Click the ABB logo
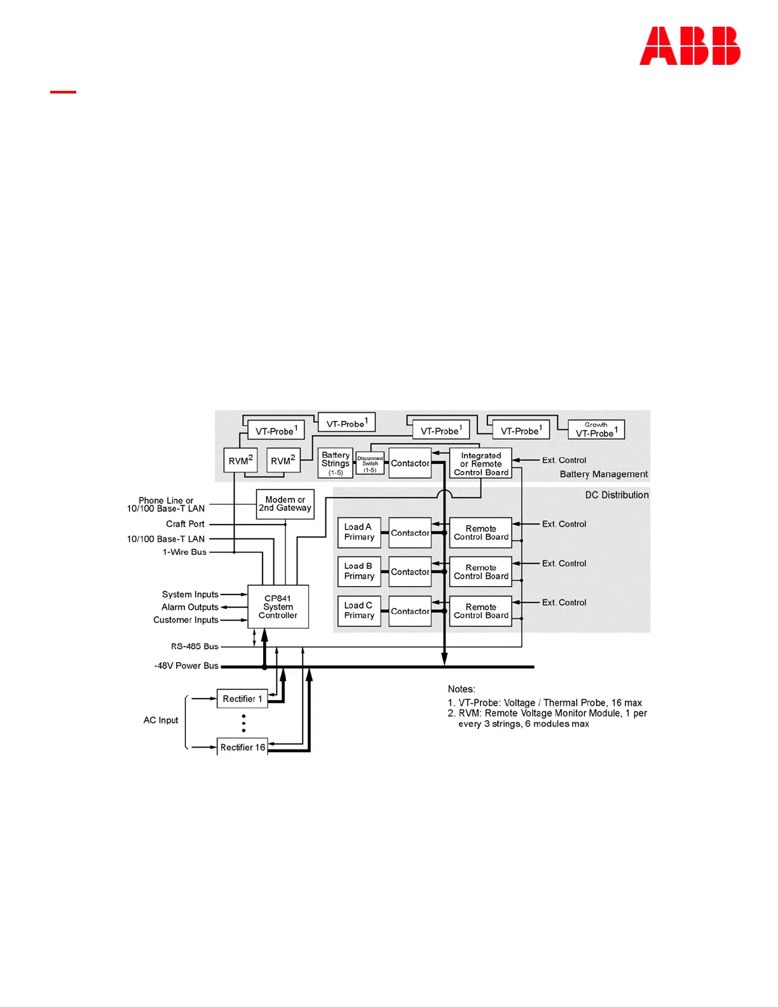click(x=690, y=46)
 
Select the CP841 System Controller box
click(x=278, y=606)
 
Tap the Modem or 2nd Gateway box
click(x=285, y=504)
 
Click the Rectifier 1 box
click(x=242, y=699)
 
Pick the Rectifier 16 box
click(x=242, y=747)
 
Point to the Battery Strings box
click(x=335, y=463)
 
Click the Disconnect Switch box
click(x=370, y=463)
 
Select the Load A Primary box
click(x=358, y=532)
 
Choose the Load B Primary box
click(x=358, y=571)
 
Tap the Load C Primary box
click(x=358, y=610)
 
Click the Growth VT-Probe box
click(x=596, y=430)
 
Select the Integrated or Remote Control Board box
click(x=481, y=463)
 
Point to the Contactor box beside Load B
click(x=410, y=572)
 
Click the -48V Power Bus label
click(x=186, y=666)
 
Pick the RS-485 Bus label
click(x=194, y=647)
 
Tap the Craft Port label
click(x=185, y=524)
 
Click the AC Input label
click(x=161, y=720)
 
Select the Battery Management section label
click(x=603, y=474)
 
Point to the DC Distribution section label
click(x=617, y=495)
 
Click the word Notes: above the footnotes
click(x=461, y=689)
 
